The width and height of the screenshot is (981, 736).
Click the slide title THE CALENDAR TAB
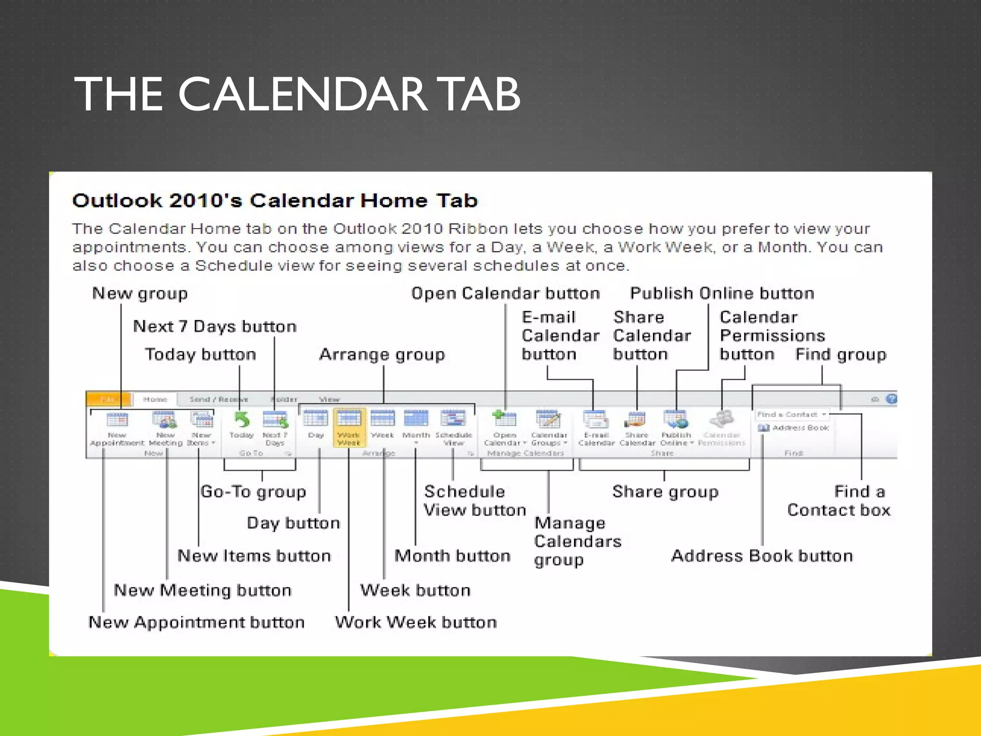click(297, 94)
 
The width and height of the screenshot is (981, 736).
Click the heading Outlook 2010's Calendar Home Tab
click(275, 200)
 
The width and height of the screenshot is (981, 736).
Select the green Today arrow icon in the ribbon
click(242, 420)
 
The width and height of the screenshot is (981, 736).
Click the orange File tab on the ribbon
click(108, 399)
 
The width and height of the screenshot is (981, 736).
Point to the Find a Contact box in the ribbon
click(791, 414)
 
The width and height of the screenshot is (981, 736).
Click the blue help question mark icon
click(891, 399)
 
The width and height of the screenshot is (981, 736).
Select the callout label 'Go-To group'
click(253, 492)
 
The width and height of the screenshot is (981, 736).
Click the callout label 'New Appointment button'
click(196, 622)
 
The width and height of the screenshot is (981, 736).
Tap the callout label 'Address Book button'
click(762, 556)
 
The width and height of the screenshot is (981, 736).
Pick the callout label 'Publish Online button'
click(722, 293)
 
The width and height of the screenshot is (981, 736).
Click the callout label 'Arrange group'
click(382, 355)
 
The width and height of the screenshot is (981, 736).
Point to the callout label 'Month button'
click(452, 556)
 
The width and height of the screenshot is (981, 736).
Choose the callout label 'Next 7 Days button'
click(215, 326)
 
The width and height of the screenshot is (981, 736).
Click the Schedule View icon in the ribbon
click(453, 420)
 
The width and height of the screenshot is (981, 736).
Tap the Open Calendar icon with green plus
click(504, 420)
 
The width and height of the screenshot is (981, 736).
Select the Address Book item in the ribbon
click(794, 428)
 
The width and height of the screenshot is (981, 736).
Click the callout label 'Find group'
click(841, 355)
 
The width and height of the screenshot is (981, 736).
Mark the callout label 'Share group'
click(665, 492)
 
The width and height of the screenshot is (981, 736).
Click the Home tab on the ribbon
click(155, 399)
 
